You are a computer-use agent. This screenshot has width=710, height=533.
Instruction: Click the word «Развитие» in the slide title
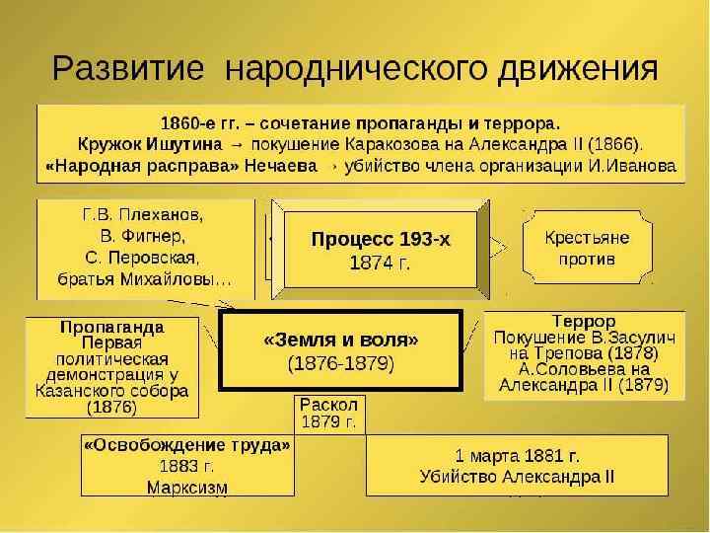click(128, 69)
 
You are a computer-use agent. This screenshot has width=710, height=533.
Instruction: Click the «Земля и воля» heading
click(341, 340)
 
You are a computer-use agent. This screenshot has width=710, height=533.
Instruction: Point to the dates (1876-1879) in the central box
click(341, 363)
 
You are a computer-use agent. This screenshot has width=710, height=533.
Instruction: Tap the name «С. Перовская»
click(144, 258)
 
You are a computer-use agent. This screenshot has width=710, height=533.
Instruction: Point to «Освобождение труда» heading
click(187, 445)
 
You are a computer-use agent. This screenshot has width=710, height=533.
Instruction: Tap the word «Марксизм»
click(186, 487)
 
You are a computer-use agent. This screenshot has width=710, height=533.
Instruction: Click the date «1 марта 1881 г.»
click(517, 455)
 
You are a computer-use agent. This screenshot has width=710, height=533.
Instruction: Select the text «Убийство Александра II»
click(517, 477)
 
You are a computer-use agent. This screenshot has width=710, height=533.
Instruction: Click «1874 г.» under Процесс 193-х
click(380, 263)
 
